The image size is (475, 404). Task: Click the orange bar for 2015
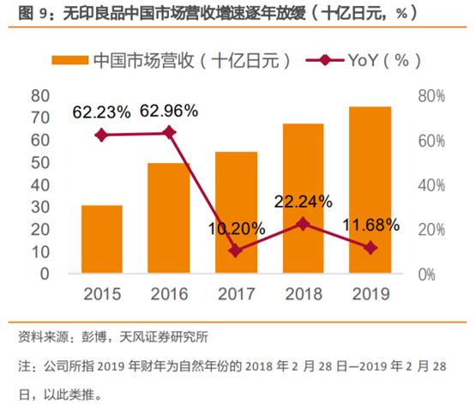click(102, 239)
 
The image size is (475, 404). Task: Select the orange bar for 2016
click(169, 218)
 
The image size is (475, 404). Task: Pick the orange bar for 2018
click(304, 198)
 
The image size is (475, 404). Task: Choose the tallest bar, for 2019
click(370, 190)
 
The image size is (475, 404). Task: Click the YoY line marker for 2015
click(102, 135)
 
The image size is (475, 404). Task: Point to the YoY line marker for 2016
click(169, 132)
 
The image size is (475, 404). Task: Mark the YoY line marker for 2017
click(236, 250)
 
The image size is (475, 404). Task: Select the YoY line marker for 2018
click(304, 224)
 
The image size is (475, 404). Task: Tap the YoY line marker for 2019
click(370, 247)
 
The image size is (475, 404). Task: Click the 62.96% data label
click(168, 111)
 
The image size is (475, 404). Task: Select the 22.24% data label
click(304, 202)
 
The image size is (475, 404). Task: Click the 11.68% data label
click(370, 226)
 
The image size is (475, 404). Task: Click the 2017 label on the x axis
click(236, 293)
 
